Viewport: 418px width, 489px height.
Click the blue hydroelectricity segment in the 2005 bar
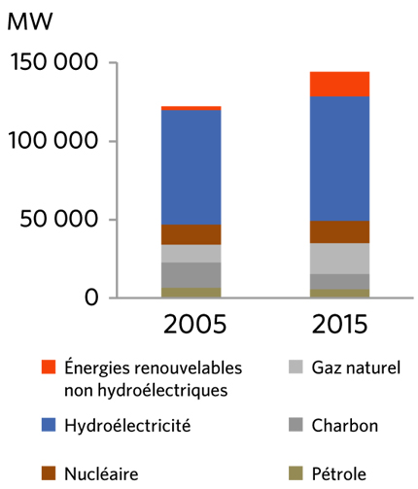[x=191, y=167]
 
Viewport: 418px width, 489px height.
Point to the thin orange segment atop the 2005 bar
[x=191, y=108]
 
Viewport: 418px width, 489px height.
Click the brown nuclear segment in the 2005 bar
[x=191, y=234]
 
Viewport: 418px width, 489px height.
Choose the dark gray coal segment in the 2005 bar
[x=191, y=274]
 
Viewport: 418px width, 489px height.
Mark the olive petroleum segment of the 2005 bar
[x=191, y=292]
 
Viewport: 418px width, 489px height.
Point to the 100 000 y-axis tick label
[x=54, y=141]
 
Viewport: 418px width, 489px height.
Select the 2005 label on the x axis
[x=191, y=324]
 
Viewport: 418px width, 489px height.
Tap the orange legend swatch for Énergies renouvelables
[x=50, y=368]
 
